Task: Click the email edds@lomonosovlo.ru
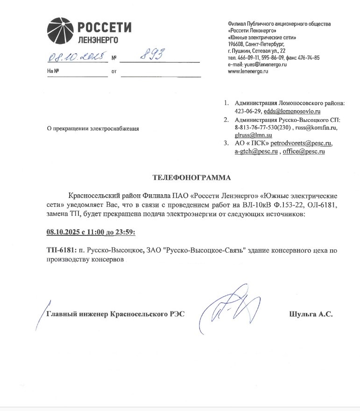pos(292,111)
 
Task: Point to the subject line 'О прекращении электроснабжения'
pos(93,128)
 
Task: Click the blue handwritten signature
pos(229,306)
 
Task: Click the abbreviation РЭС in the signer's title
pos(175,314)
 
